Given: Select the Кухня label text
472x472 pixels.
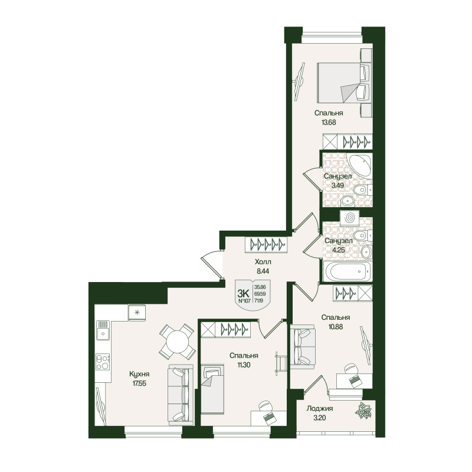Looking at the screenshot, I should click(x=139, y=374).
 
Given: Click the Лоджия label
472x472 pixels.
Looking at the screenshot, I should click(x=320, y=408).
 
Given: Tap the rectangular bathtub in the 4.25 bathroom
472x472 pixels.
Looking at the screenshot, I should click(x=348, y=271).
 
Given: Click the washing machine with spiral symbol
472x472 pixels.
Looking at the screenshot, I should click(x=350, y=217).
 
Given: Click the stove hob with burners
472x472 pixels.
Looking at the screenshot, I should click(x=103, y=360).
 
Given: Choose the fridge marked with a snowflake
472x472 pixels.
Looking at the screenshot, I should click(x=137, y=312).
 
